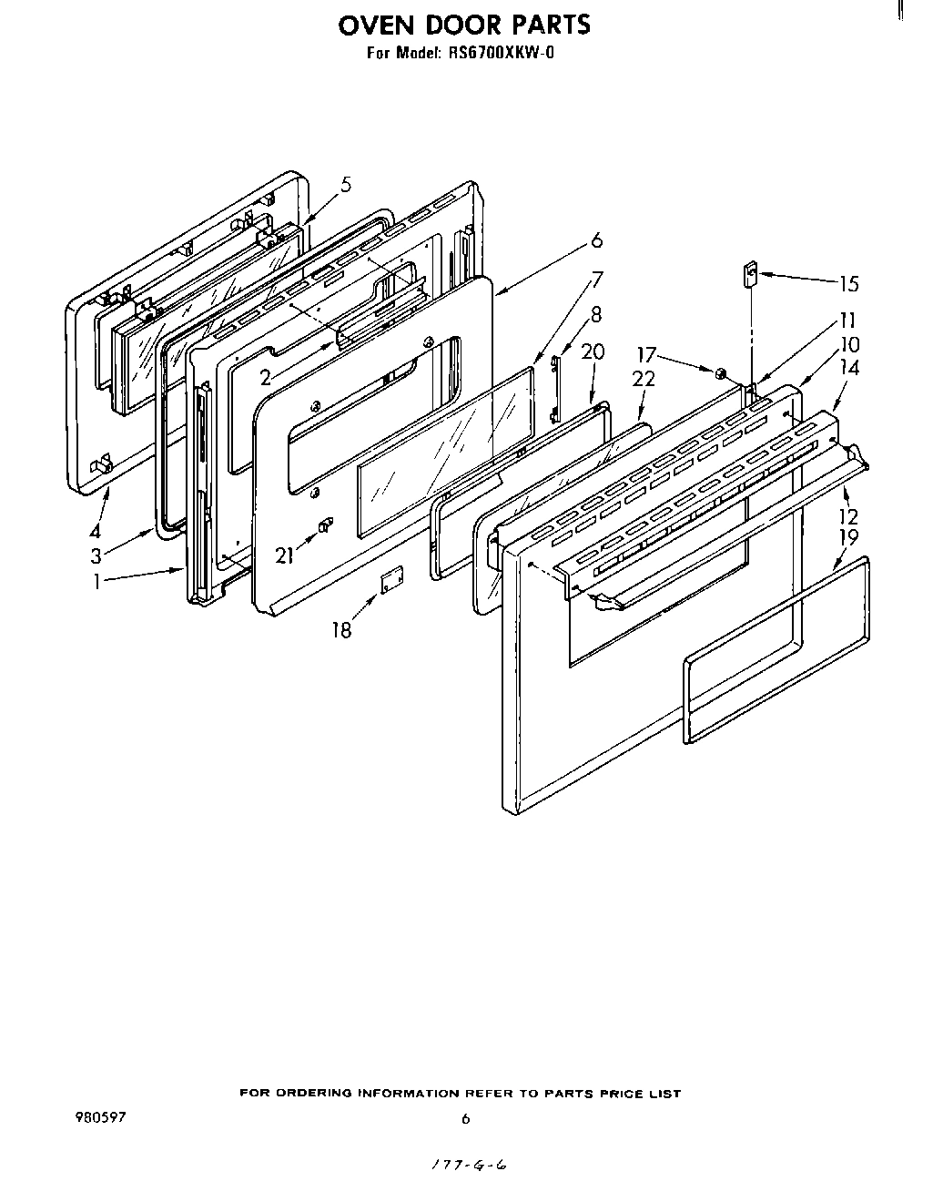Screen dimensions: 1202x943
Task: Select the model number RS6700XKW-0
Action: tap(500, 53)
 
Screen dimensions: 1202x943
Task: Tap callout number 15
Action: tap(848, 283)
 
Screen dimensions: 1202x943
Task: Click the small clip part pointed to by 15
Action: tap(752, 275)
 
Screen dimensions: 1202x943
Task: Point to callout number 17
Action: tap(645, 355)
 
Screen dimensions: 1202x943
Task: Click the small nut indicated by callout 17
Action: tap(719, 372)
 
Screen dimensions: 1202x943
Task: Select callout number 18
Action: tap(341, 629)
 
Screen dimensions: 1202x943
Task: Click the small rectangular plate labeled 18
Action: tap(391, 579)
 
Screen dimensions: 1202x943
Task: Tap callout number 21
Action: tap(285, 555)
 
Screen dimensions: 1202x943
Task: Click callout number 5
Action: tap(346, 186)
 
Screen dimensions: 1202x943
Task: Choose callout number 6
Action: tap(596, 240)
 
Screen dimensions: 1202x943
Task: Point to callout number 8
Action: tap(596, 315)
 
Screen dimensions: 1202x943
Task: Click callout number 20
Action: tap(593, 351)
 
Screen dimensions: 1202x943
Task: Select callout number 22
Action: tap(644, 379)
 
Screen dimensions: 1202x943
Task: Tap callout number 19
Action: tap(847, 537)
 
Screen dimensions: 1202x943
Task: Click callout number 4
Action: tap(95, 532)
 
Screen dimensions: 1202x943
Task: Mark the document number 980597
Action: tap(101, 1117)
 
